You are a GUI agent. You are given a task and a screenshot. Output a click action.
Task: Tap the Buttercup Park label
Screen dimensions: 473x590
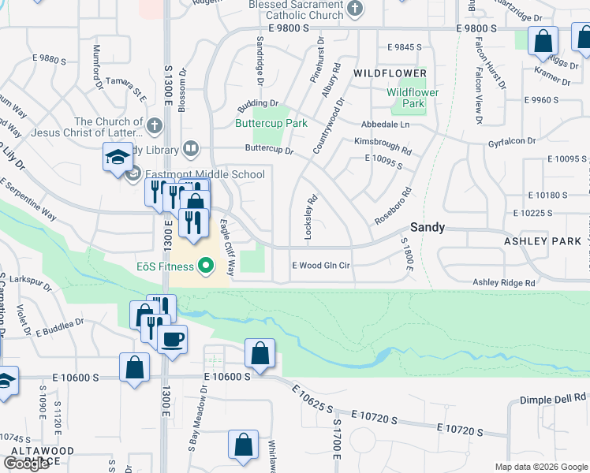coord(271,123)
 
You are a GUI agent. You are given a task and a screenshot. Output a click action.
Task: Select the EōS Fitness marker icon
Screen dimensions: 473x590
coord(206,265)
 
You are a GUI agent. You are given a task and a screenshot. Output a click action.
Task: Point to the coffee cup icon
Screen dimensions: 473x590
coord(173,340)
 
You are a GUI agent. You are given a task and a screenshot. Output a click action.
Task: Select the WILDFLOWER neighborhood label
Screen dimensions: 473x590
coord(390,73)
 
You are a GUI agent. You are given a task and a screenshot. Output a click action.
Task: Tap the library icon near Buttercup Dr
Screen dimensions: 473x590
coord(190,148)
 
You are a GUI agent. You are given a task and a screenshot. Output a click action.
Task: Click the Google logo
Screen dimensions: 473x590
coord(26,464)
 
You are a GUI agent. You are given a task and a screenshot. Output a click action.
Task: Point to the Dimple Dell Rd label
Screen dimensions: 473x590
coord(554,400)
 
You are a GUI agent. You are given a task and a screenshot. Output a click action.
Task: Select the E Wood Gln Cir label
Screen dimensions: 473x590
coord(320,266)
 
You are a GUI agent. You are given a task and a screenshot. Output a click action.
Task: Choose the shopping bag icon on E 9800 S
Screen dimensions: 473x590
coord(543,41)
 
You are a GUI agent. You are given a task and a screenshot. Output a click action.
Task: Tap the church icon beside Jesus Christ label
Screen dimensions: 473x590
coord(155,125)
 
